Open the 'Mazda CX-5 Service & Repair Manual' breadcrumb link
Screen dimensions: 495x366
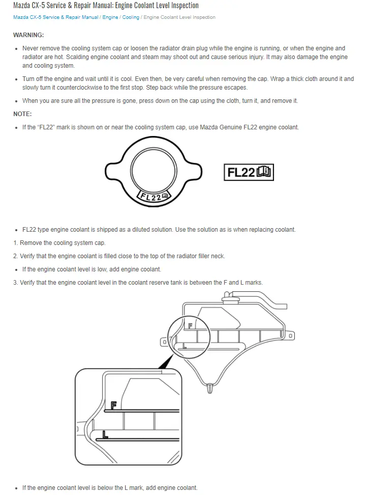pos(55,17)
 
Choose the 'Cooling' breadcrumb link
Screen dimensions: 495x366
pos(131,17)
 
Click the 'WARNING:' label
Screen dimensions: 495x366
pos(28,35)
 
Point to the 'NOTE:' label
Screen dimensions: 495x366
pos(22,114)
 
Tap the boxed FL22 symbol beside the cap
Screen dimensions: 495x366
pos(249,173)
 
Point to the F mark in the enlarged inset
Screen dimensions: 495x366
pos(114,405)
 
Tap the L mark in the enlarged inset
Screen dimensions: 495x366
pos(105,434)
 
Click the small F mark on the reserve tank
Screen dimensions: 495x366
pos(191,325)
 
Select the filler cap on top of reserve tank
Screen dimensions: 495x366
pos(234,295)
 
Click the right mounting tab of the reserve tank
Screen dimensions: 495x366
pos(290,336)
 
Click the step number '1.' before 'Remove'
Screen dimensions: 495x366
pos(15,243)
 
